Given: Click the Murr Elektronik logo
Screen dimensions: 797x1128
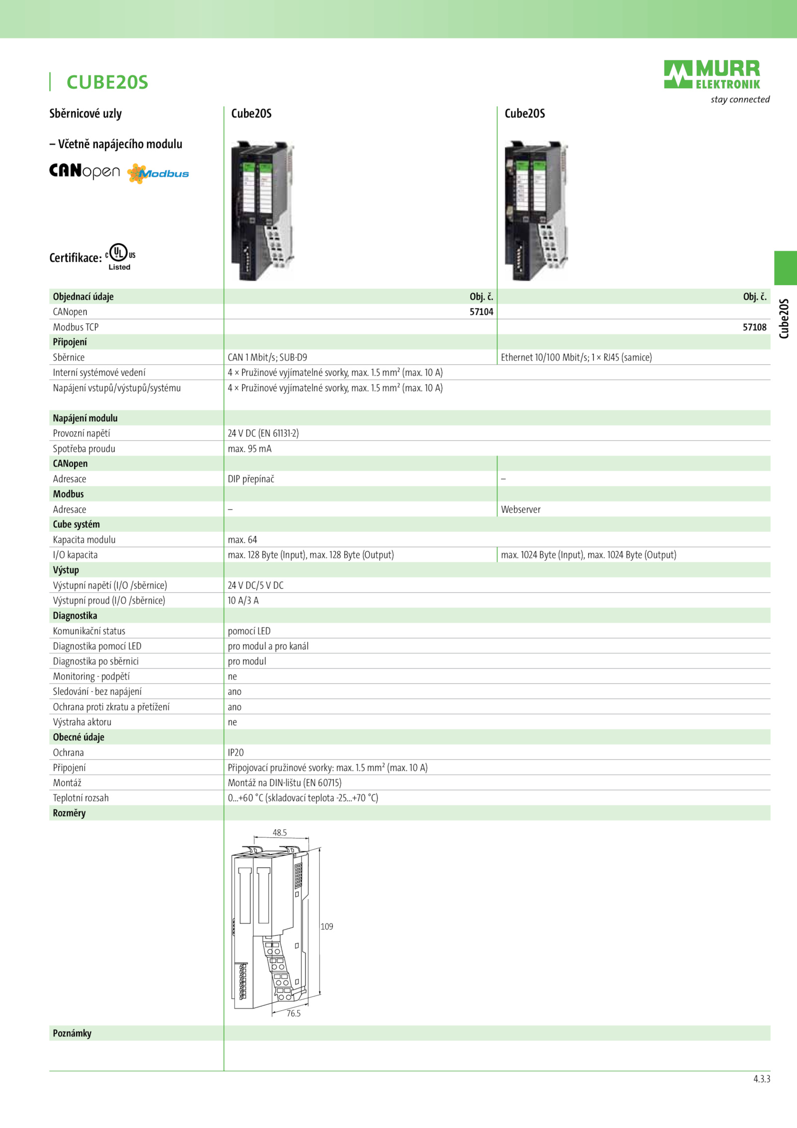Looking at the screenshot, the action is coord(712,75).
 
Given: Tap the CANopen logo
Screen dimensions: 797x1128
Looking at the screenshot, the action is coord(85,171).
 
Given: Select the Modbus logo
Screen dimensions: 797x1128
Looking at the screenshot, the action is coord(158,173).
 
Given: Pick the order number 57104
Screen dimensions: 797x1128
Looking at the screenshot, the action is coord(481,312).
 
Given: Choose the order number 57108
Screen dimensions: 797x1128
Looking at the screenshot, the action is coord(755,327).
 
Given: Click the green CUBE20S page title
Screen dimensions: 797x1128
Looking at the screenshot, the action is coord(108,82).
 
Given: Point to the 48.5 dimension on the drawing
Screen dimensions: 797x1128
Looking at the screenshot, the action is coord(280,832).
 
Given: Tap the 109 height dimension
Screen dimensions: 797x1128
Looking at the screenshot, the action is coord(327,927).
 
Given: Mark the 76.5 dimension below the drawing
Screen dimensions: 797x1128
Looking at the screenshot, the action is coord(293,1013).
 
